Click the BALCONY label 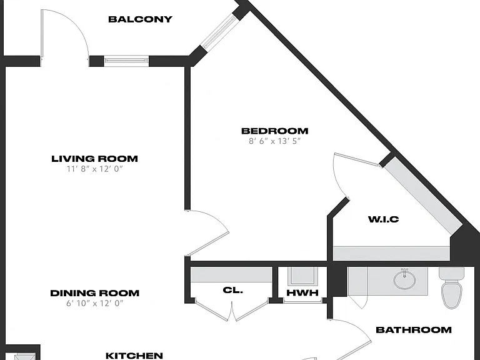click(140, 19)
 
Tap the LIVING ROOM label click(94, 159)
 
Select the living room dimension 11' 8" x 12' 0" click(94, 169)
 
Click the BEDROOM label click(274, 131)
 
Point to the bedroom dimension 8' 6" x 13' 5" click(274, 141)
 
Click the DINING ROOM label click(94, 293)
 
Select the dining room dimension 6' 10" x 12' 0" click(94, 303)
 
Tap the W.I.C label click(383, 219)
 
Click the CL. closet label click(233, 290)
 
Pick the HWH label click(302, 292)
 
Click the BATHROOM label click(414, 330)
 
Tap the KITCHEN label click(134, 356)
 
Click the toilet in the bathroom click(452, 287)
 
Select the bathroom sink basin click(405, 279)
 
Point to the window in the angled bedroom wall click(220, 32)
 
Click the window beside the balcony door click(126, 61)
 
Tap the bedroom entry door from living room click(208, 232)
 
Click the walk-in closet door click(355, 175)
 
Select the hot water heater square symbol click(302, 276)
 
